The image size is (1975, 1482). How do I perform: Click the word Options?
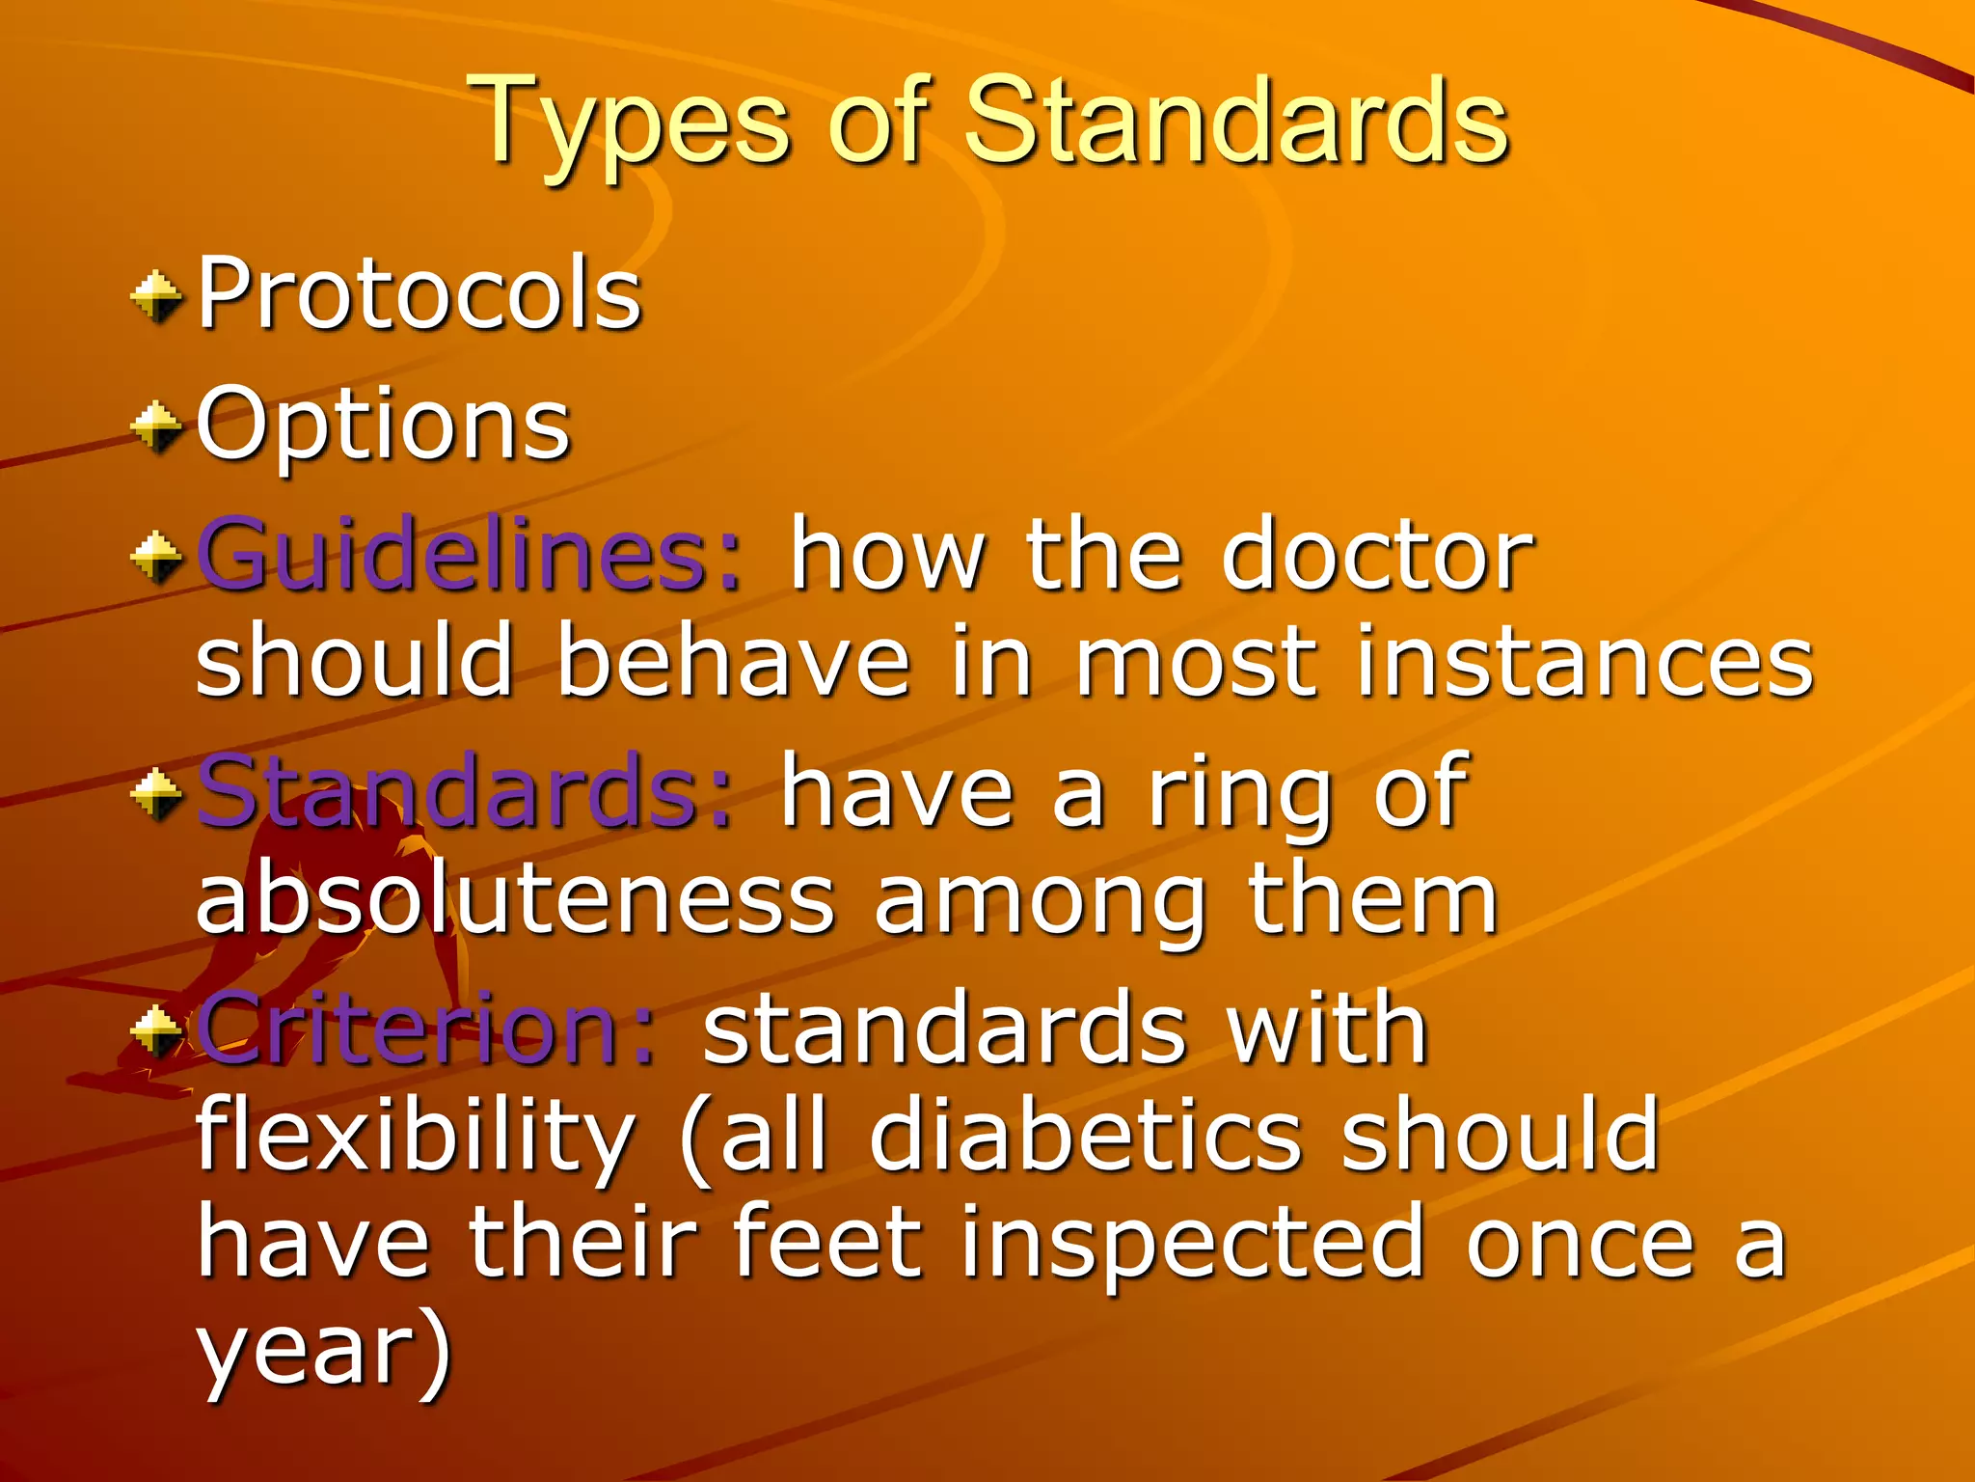(383, 425)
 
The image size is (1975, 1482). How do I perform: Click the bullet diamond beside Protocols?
(156, 296)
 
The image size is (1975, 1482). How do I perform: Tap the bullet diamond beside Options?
(156, 426)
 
